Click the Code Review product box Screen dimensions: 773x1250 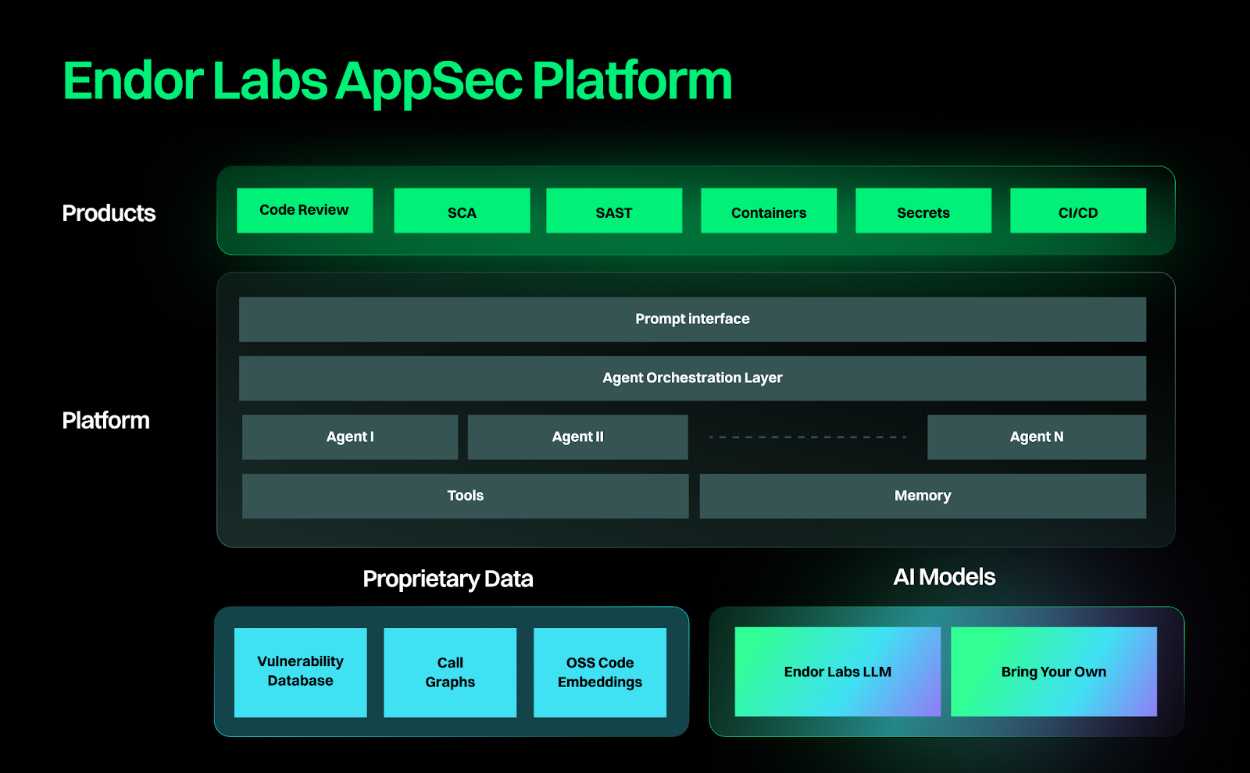[x=305, y=210]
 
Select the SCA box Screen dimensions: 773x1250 [x=462, y=211]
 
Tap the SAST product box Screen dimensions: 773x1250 [x=614, y=211]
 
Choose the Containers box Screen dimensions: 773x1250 [x=769, y=211]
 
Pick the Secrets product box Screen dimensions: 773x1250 [x=923, y=211]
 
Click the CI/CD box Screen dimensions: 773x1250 [x=1078, y=211]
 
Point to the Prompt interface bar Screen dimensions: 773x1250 [x=692, y=319]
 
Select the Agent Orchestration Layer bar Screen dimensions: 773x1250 [x=692, y=378]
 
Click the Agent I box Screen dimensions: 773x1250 [x=350, y=437]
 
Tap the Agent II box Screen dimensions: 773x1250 [x=577, y=437]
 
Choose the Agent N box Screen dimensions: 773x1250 [x=1037, y=437]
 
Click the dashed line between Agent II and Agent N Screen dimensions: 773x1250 [x=807, y=437]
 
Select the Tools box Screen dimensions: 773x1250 [x=465, y=496]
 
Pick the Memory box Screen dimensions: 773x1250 [x=923, y=496]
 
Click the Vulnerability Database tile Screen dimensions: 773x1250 [x=301, y=672]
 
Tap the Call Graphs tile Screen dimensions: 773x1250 [x=450, y=672]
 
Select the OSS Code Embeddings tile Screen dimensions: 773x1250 [x=600, y=672]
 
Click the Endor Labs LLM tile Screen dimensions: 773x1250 [x=837, y=671]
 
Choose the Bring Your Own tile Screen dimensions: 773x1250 [x=1054, y=671]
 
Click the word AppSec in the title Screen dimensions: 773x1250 [x=430, y=82]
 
